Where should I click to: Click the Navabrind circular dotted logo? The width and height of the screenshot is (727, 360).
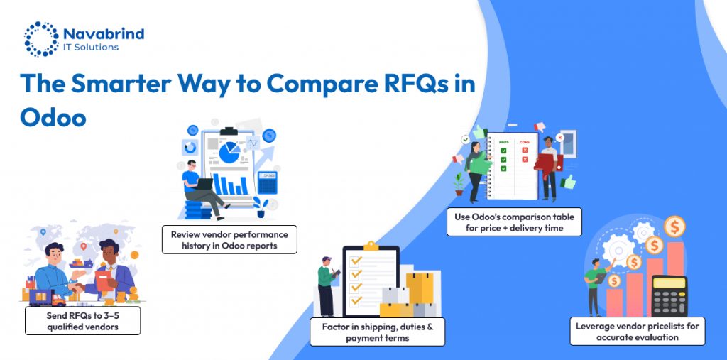(41, 38)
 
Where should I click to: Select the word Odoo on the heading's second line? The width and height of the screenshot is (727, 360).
(53, 117)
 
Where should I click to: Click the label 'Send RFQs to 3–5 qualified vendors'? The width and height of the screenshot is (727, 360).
(82, 320)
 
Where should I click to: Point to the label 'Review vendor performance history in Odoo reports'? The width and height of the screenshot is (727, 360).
(229, 239)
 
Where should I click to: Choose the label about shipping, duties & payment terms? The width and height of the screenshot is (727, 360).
(377, 332)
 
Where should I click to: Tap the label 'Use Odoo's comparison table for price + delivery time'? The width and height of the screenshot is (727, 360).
(514, 222)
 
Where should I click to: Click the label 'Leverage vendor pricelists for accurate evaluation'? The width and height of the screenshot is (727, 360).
(637, 331)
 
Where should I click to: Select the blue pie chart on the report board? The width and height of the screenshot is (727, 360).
(229, 151)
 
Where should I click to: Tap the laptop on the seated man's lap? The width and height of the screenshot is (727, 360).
(204, 184)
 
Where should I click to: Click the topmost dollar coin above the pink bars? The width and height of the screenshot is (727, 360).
(674, 227)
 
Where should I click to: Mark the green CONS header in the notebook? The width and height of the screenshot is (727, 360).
(525, 142)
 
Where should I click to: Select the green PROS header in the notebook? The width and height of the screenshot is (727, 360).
(504, 142)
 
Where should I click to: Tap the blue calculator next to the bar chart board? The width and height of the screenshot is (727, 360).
(267, 182)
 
